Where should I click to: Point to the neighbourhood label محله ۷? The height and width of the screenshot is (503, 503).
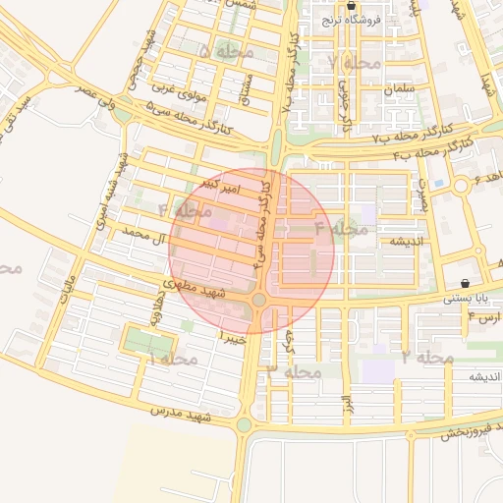tap(355, 63)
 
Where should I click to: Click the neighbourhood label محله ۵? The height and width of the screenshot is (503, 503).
tap(226, 50)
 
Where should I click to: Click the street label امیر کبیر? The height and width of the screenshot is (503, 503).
tap(218, 184)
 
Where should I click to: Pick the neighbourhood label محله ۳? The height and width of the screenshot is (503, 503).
tap(295, 372)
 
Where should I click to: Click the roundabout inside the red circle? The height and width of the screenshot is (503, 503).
tap(259, 300)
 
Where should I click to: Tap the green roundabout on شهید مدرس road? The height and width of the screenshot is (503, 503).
tap(244, 425)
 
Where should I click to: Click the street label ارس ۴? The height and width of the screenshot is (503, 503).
tap(484, 317)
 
